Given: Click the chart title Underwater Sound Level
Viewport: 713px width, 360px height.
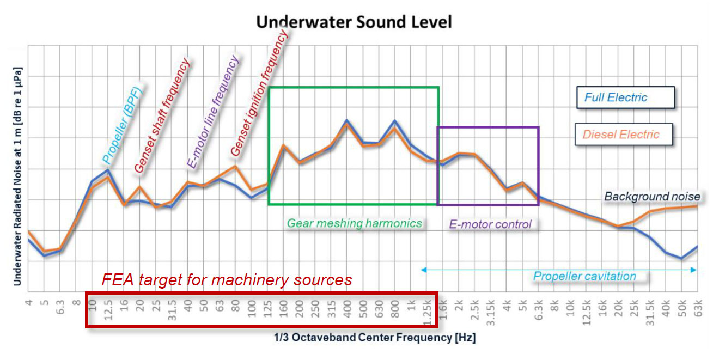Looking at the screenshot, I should coord(354,22).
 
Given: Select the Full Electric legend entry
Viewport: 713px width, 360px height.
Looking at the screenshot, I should coord(616,98).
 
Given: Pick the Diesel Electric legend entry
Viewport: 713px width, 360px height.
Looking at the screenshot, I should coord(621,135).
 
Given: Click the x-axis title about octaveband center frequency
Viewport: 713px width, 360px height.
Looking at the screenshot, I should coord(375,338).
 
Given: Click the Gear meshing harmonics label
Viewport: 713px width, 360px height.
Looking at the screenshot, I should coord(355,223).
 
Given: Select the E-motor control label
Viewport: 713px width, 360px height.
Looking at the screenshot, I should coord(490,224).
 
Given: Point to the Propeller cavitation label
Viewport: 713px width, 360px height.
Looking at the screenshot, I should coord(584,276).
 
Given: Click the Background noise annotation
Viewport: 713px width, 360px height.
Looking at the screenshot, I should coord(652,197).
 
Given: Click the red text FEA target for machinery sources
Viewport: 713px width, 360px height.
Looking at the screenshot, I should coord(227,280).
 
